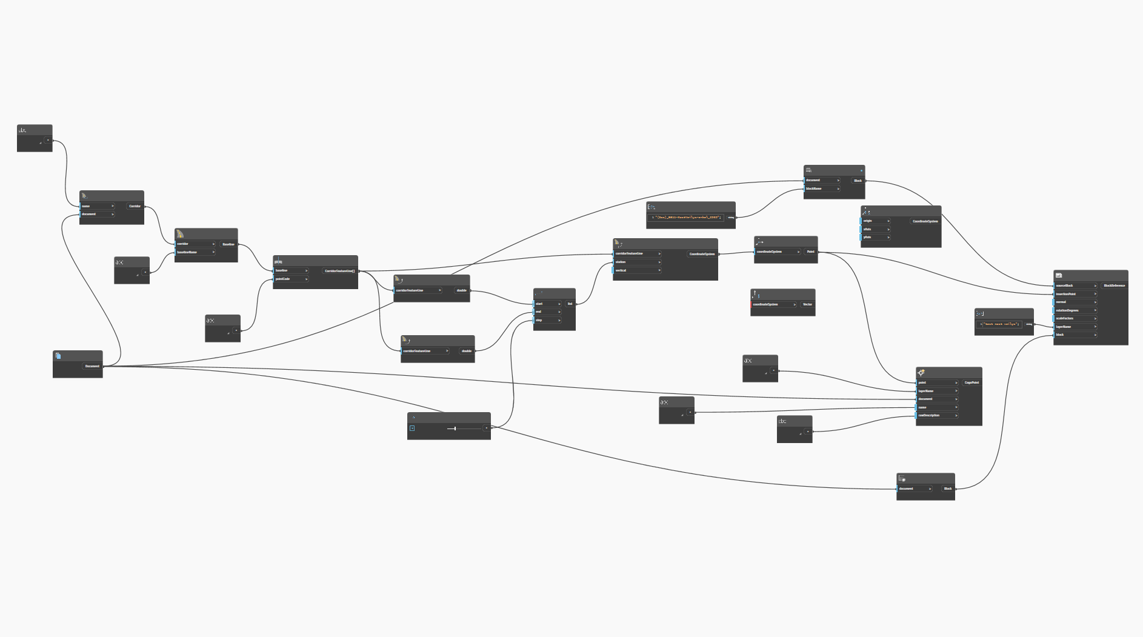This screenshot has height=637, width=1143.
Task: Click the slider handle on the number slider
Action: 455,429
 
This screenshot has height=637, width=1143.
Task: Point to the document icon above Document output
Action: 58,356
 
